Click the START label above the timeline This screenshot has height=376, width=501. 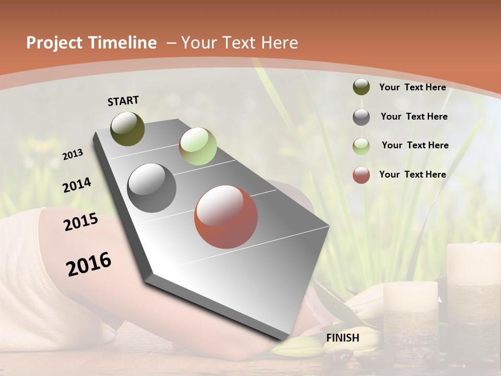pos(123,101)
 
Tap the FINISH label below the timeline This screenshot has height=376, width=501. pos(343,338)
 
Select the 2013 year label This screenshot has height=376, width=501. pos(73,154)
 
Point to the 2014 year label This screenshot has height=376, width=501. pos(77,185)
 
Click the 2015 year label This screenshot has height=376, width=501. pos(81,222)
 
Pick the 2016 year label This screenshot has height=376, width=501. pos(89,264)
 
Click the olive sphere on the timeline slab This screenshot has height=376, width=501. pos(128,128)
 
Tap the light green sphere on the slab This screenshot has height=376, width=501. pos(198,146)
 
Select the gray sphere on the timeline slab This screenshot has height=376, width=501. pos(152,188)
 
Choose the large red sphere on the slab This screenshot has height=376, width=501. pos(226,217)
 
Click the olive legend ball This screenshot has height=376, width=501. pos(361,87)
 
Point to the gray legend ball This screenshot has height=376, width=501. pos(361,117)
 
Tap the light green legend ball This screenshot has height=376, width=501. pos(361,146)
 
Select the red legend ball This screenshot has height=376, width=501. pos(361,175)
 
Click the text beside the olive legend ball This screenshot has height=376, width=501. pos(412,87)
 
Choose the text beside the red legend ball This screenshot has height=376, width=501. pos(412,174)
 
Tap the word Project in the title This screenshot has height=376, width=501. pos(54,43)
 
